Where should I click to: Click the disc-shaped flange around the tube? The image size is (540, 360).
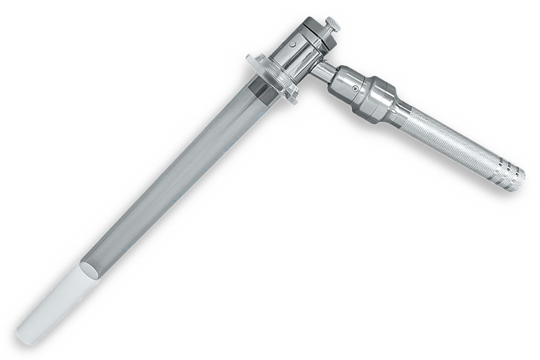pos(272,79)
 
